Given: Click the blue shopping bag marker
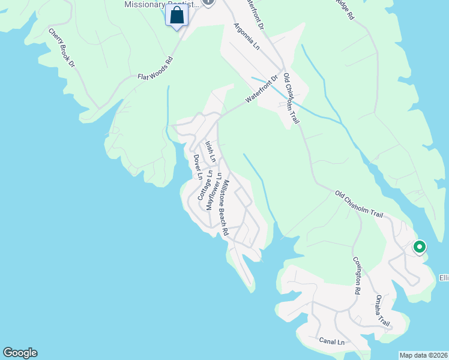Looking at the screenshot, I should [x=176, y=16].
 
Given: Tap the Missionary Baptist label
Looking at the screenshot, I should [x=160, y=4].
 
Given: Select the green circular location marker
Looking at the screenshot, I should [x=419, y=247].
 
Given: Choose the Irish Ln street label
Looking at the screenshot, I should [x=210, y=151].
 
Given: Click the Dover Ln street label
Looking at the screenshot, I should [x=197, y=167].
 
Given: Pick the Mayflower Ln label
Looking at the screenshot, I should [x=214, y=191].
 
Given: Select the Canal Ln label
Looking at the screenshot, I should [x=332, y=341].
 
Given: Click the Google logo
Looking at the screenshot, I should [x=20, y=353].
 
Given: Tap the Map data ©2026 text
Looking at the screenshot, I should [x=423, y=355].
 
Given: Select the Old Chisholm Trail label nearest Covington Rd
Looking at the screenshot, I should [x=359, y=204].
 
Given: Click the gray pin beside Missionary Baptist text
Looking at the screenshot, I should [x=208, y=2].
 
